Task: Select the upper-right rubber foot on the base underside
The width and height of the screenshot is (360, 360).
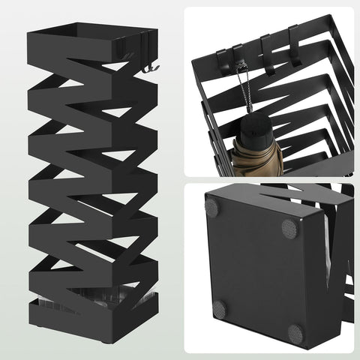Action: [289, 227]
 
